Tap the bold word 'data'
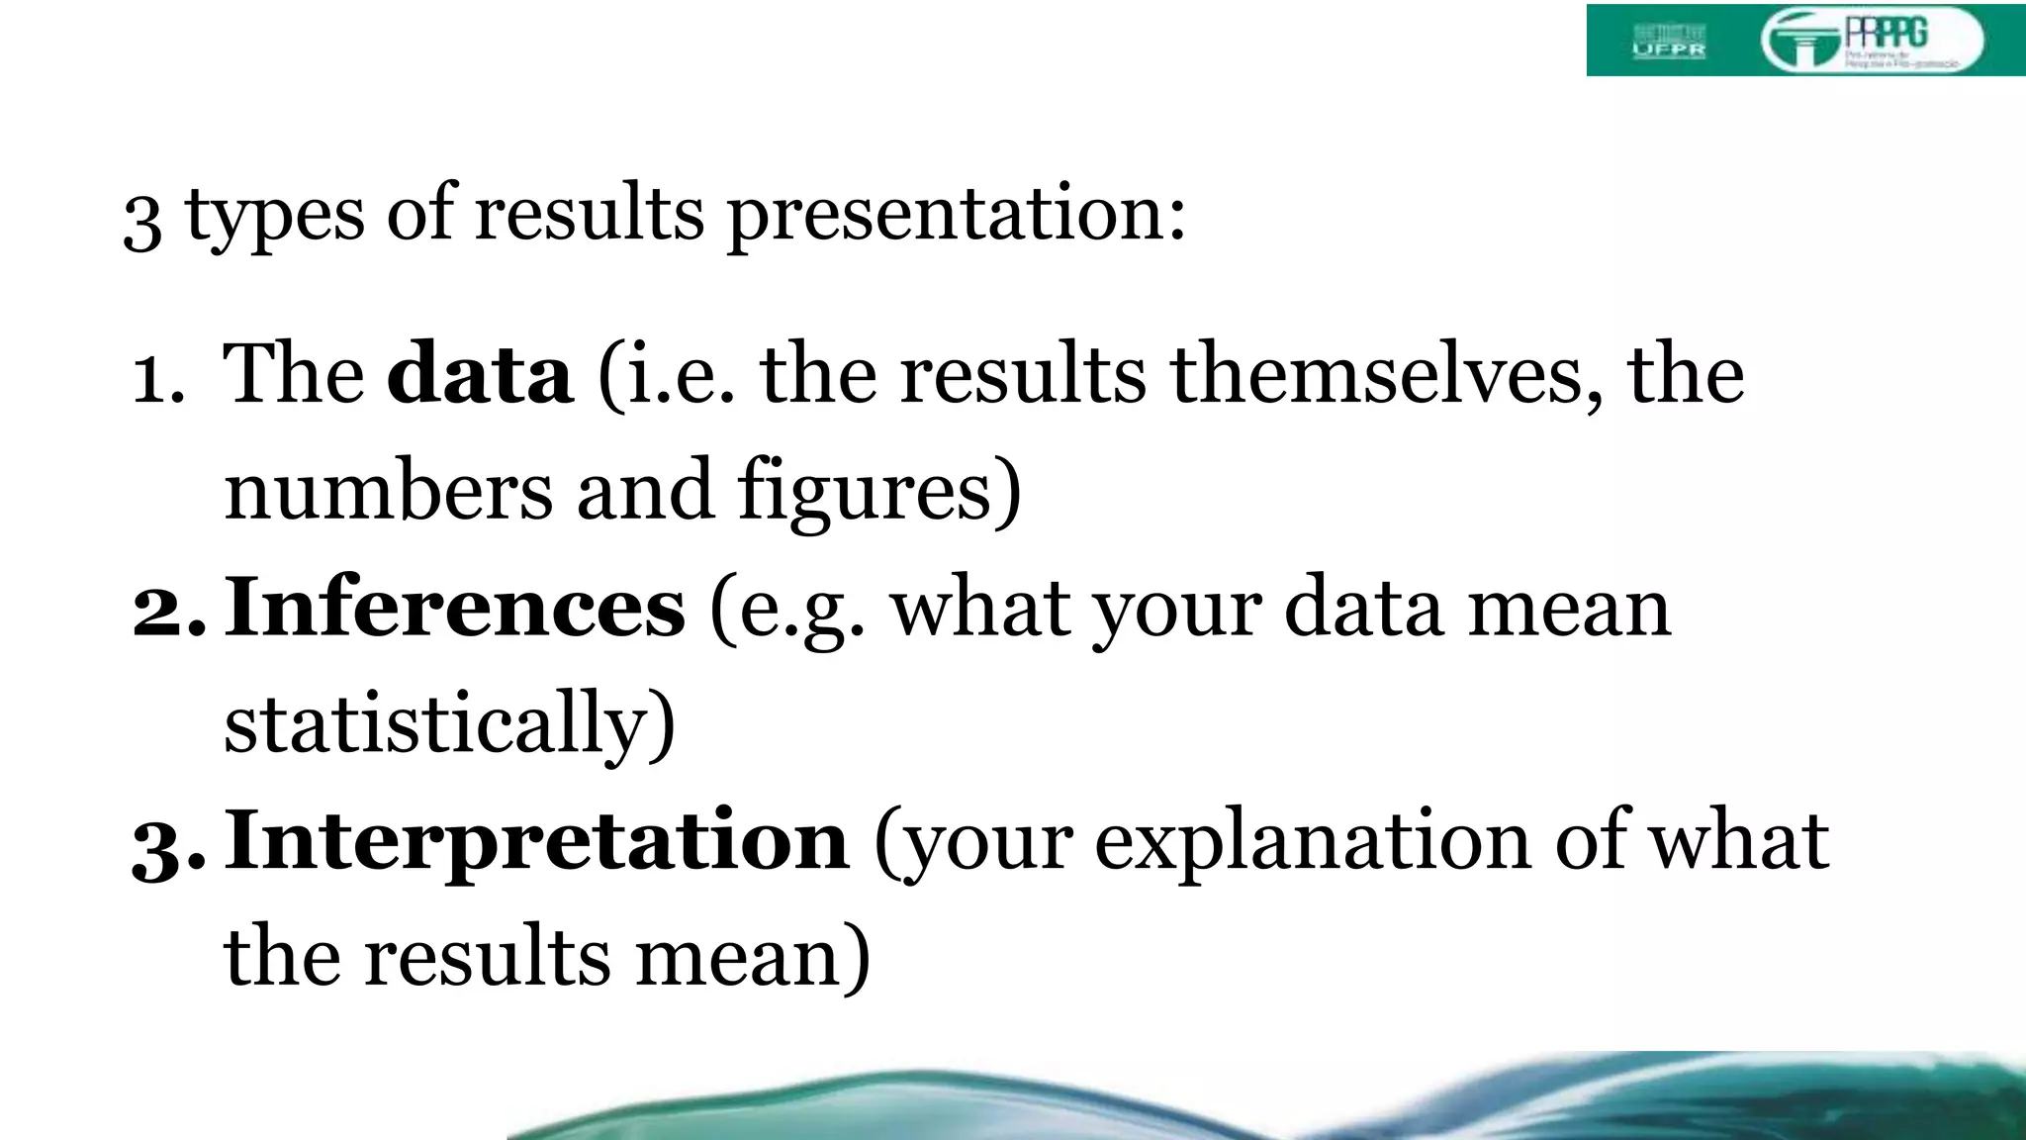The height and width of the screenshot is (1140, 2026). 480,375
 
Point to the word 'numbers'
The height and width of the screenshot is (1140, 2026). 388,491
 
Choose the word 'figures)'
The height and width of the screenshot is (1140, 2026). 878,491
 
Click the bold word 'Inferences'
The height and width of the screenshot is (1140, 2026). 455,608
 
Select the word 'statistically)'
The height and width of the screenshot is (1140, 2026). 449,723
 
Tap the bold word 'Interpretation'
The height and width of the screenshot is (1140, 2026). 536,840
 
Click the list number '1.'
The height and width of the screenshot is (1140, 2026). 158,379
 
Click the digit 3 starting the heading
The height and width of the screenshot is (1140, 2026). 142,220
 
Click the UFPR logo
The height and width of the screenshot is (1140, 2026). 1668,41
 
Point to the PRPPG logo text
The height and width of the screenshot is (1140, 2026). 1886,34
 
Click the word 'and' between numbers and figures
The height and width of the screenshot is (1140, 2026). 644,491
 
